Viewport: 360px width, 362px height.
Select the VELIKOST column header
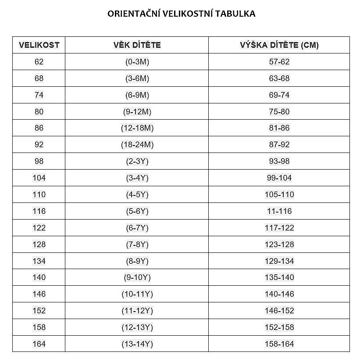[x=39, y=45]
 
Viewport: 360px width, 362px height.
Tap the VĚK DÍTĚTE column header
[x=137, y=45]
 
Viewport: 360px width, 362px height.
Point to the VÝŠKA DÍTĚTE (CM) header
[x=279, y=45]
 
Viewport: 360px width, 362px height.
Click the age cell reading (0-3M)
[x=137, y=62]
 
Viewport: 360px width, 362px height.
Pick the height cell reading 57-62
[x=279, y=62]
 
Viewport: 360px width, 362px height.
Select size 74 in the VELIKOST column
[x=39, y=95]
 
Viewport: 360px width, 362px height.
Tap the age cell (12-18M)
[x=137, y=128]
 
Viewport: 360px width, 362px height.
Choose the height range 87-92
[x=279, y=145]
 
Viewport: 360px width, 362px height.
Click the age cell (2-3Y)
[x=137, y=161]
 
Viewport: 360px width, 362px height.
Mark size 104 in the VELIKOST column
[x=39, y=178]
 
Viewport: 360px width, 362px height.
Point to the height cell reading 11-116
[x=279, y=211]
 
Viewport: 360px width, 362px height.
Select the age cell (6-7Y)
[x=137, y=228]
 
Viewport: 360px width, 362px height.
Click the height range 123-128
[x=279, y=245]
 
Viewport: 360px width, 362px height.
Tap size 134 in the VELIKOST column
[x=39, y=261]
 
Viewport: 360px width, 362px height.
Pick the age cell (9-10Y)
[x=137, y=277]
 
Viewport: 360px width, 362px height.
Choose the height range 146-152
[x=279, y=311]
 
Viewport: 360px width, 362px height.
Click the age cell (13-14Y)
[x=137, y=344]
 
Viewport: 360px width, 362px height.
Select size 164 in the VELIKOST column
[x=39, y=344]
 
